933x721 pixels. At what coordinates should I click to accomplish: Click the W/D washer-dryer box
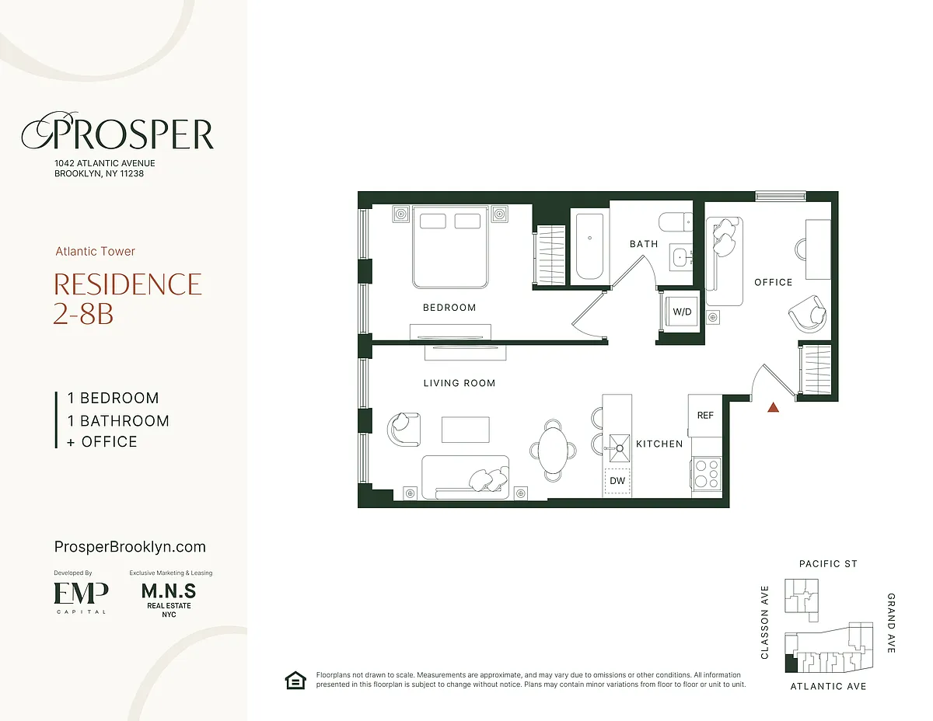[681, 311]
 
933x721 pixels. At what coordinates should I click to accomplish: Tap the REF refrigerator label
[705, 415]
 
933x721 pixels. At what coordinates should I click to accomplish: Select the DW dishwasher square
[617, 481]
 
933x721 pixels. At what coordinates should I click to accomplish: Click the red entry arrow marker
[773, 407]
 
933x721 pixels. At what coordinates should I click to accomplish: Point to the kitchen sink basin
[620, 448]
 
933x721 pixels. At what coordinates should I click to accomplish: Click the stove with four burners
[707, 473]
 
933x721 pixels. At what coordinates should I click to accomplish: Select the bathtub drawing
[589, 246]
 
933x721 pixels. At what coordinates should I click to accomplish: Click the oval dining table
[553, 450]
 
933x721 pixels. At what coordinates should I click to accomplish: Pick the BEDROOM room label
[449, 308]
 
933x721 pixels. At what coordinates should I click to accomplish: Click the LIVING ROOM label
[459, 383]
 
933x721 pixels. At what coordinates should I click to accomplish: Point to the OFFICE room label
[773, 282]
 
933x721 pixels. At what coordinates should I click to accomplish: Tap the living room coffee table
[466, 430]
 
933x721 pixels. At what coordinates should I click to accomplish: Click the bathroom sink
[681, 257]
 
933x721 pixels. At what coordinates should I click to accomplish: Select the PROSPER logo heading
[117, 132]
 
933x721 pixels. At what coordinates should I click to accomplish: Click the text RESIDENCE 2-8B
[127, 298]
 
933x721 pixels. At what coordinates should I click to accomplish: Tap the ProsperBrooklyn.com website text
[130, 547]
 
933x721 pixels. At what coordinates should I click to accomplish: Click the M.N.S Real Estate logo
[169, 599]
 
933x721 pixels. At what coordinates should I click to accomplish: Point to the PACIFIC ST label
[828, 563]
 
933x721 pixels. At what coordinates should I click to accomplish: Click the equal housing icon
[295, 681]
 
